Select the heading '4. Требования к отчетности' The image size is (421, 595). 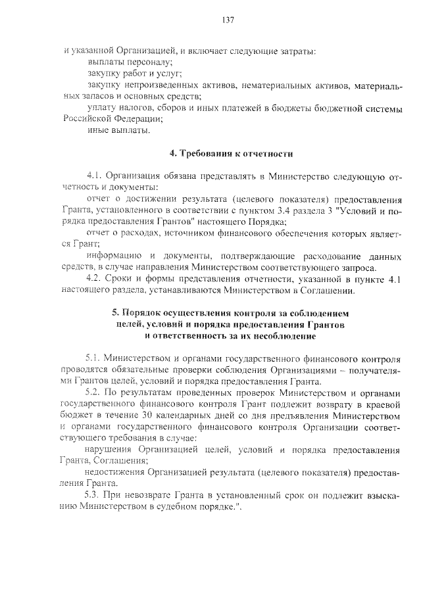click(x=230, y=154)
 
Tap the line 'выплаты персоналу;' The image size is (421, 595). click(x=130, y=62)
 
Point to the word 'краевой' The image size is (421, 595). click(x=382, y=404)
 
